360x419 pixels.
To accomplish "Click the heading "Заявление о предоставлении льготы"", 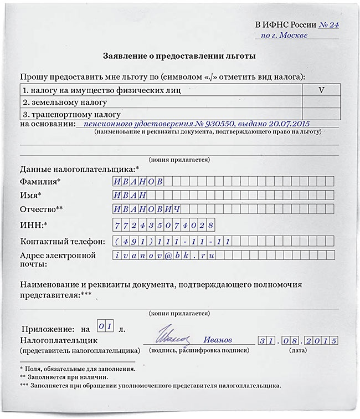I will tap(180, 56).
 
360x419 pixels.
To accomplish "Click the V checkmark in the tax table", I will tap(321, 89).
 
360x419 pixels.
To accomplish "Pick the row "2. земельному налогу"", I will tap(64, 103).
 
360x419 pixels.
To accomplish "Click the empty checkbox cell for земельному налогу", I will tap(321, 103).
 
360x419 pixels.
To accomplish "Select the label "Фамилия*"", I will tap(40, 182).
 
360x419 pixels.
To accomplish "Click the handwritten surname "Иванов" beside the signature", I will tap(218, 340).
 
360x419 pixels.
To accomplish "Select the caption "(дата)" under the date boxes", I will tap(298, 351).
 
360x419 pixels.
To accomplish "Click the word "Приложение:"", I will tap(48, 329).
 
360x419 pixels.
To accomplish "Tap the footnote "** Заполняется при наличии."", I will tap(64, 376).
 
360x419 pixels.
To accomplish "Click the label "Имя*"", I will tap(31, 196).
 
